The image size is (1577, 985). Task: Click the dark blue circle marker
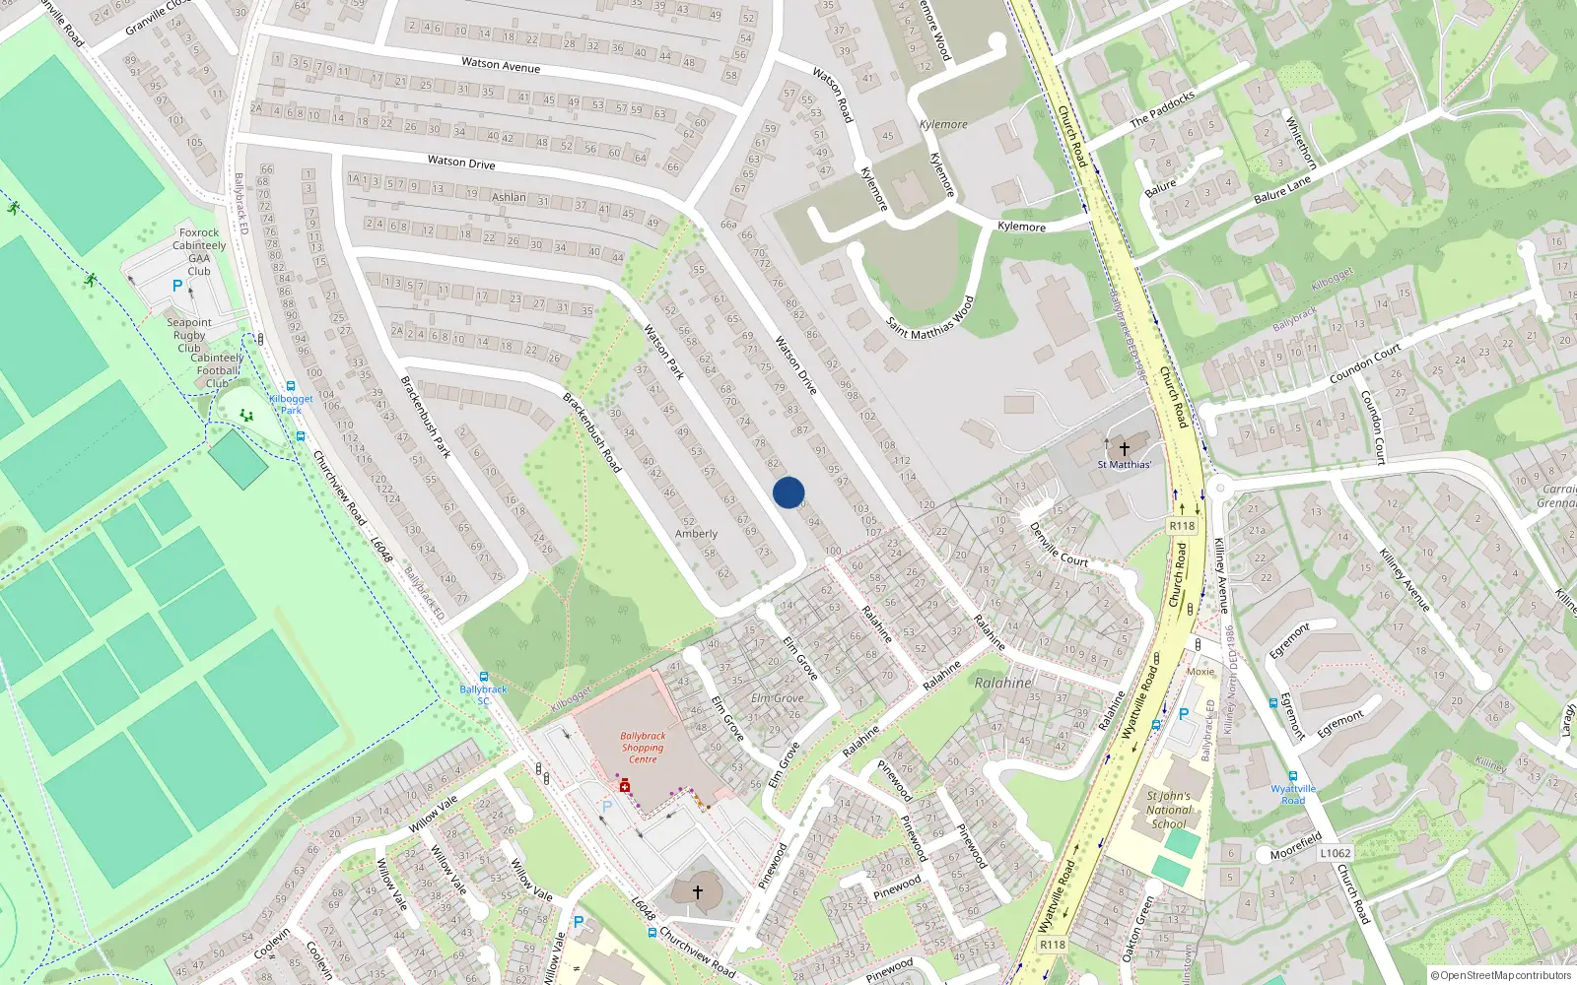click(788, 492)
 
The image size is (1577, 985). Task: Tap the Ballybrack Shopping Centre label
click(643, 748)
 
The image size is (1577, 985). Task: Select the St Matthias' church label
click(1125, 464)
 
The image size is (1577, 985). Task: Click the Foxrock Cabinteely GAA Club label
click(199, 252)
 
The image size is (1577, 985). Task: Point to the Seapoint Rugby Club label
click(189, 335)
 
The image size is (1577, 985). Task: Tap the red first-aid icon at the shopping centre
click(624, 785)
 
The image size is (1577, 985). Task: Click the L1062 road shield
click(1336, 853)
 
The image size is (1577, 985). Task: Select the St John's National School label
click(1169, 810)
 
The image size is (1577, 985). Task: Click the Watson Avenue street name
click(501, 65)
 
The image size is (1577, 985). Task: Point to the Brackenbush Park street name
click(426, 417)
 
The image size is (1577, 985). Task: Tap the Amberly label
click(696, 534)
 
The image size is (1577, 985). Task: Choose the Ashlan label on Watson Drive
click(509, 197)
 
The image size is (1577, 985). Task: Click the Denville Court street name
click(1059, 545)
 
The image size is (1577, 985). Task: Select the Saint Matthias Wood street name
click(929, 318)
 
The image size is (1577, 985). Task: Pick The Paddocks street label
click(1162, 108)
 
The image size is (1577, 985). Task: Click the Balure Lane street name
click(1282, 190)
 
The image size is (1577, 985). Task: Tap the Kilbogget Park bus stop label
click(291, 404)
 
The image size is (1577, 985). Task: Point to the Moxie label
click(1200, 672)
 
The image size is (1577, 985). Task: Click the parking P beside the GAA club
click(177, 286)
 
